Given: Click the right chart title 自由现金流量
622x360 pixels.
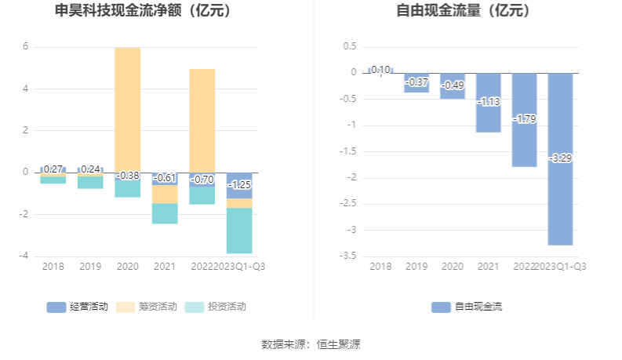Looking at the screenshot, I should point(463,12).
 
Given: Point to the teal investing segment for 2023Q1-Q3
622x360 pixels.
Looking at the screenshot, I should point(239,231).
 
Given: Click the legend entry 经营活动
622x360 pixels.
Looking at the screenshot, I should point(79,307).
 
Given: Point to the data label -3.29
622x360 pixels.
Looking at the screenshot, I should point(560,158).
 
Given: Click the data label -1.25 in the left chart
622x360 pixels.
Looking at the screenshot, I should point(239,184).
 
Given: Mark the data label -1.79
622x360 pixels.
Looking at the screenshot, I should point(524,119).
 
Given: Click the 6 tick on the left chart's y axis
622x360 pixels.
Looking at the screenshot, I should point(25,46).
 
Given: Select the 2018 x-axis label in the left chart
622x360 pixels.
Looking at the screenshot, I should point(53,267).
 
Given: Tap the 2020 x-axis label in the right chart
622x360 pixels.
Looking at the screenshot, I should point(452,267).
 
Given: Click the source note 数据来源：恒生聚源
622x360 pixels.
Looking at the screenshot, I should point(311,344).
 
